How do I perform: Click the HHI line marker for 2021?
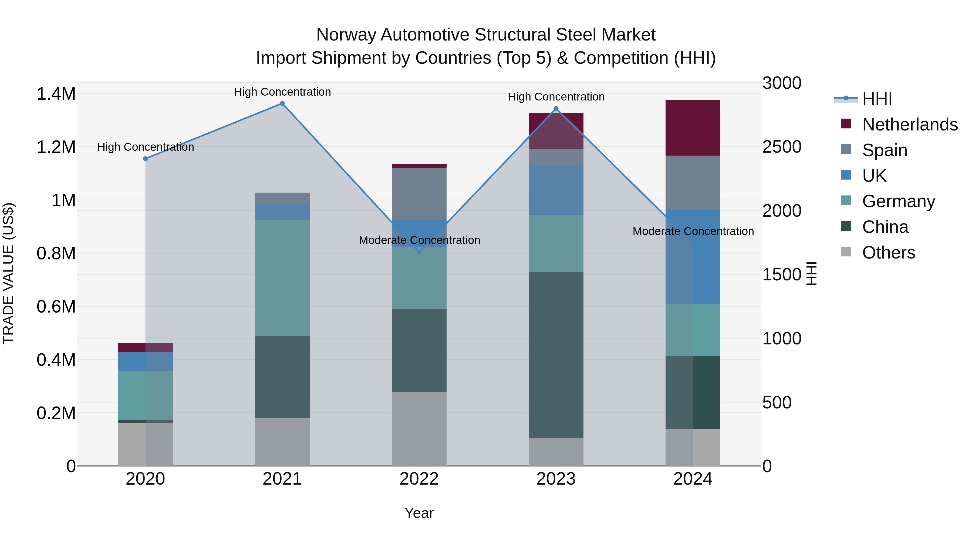click(282, 103)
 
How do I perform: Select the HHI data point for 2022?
click(419, 252)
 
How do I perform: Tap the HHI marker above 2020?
click(145, 159)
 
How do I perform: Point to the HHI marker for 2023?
click(556, 109)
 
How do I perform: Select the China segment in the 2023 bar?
click(556, 355)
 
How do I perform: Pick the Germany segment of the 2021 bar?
click(282, 278)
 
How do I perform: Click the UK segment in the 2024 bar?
click(693, 257)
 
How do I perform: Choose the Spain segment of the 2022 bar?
click(419, 194)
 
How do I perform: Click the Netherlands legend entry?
click(909, 125)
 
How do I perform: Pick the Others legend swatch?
click(846, 252)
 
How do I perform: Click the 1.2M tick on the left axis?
click(56, 147)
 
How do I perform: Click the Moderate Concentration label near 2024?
click(693, 231)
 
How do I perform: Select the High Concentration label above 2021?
click(282, 92)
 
